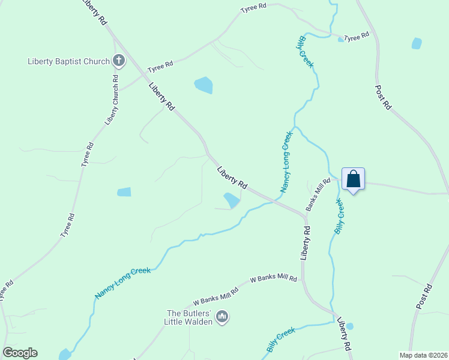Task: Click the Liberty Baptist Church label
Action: click(x=68, y=61)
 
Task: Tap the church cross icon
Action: click(x=119, y=61)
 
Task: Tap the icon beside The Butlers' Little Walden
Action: click(x=222, y=316)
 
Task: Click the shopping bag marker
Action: click(x=354, y=179)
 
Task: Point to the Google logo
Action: click(x=20, y=353)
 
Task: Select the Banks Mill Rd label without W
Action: click(x=318, y=194)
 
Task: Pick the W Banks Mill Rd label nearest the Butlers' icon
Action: click(x=216, y=296)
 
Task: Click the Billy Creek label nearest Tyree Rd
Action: click(x=306, y=52)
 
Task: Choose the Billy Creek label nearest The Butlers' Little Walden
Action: click(x=280, y=340)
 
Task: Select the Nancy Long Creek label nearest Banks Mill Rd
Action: click(x=286, y=161)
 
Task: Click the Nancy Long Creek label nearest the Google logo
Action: click(x=123, y=283)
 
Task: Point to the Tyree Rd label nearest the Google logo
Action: click(x=6, y=290)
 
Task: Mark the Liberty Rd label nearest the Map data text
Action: click(x=344, y=334)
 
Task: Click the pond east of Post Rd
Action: click(x=417, y=43)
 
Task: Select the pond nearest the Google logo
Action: click(x=64, y=354)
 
